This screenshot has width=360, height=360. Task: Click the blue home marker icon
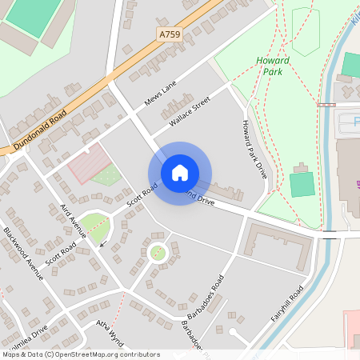click(x=180, y=173)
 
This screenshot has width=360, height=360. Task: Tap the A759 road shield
click(x=170, y=34)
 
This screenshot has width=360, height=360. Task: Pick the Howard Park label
click(x=273, y=66)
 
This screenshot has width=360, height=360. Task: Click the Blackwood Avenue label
click(x=23, y=253)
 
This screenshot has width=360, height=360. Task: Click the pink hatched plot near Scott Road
click(x=89, y=163)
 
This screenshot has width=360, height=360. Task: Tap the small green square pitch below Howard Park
click(x=301, y=184)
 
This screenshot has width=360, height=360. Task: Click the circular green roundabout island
click(x=158, y=253)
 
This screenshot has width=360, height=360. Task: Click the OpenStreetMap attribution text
click(x=81, y=354)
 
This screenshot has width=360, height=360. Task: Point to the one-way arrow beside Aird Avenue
click(x=102, y=243)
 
